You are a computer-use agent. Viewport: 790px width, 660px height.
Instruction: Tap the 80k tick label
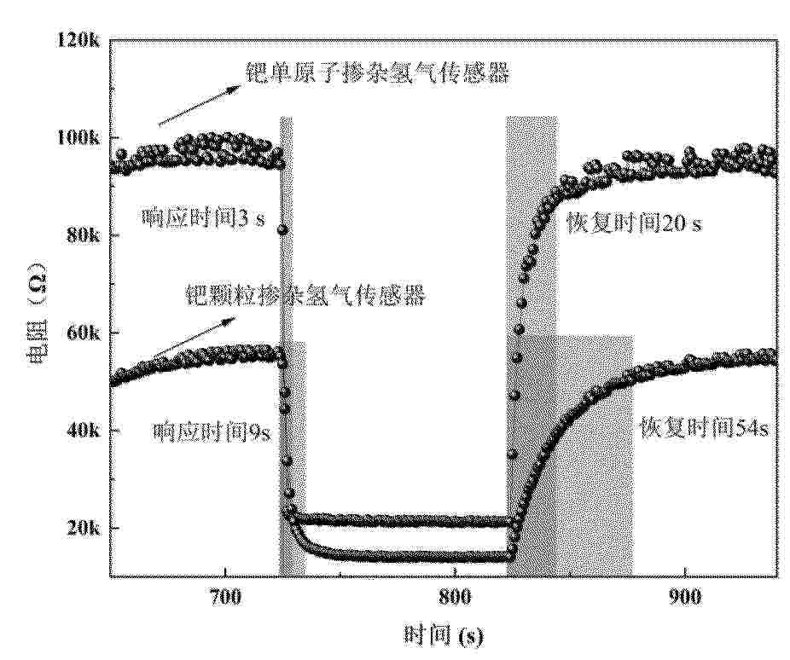point(83,235)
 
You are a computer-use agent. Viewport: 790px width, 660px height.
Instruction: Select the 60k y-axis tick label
point(83,333)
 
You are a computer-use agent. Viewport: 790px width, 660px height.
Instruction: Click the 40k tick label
point(83,431)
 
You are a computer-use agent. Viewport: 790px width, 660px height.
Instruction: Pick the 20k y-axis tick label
point(83,528)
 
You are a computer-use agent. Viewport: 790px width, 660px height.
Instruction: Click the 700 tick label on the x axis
point(225,597)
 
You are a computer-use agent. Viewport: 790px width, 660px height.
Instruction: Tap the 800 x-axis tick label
point(455,597)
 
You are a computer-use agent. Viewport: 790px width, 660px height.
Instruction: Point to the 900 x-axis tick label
point(685,597)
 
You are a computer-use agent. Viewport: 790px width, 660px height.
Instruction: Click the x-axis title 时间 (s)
point(444,636)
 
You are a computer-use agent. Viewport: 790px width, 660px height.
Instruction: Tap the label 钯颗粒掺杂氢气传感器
point(305,296)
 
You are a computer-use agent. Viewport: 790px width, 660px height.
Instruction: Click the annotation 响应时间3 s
point(202,218)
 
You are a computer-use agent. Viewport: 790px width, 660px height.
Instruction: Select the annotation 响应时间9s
point(212,432)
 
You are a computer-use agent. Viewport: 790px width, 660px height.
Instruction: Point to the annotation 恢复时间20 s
point(634,222)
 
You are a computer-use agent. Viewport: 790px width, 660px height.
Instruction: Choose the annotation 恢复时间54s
point(705,429)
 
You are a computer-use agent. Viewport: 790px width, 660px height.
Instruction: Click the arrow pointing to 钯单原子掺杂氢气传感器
point(200,106)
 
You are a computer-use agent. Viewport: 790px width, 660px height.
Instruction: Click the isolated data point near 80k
point(282,230)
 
